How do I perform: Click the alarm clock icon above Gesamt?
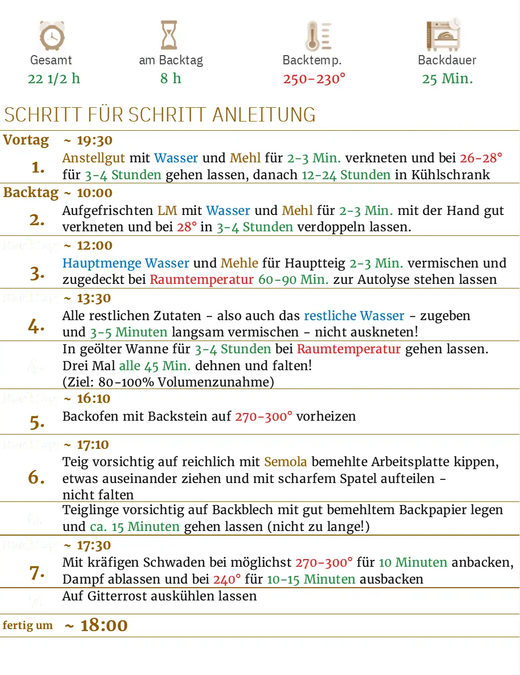[52, 36]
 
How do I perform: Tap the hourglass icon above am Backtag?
[169, 35]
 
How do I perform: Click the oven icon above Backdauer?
[443, 35]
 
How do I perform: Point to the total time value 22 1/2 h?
[54, 79]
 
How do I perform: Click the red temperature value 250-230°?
[314, 79]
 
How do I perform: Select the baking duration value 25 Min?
[447, 79]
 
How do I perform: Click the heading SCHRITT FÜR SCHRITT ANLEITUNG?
[160, 115]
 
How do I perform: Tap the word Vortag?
[26, 140]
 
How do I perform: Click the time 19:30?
[94, 140]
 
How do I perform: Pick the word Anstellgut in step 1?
[93, 158]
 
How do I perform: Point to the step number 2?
[37, 220]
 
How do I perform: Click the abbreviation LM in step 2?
[167, 210]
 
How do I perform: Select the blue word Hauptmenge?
[102, 263]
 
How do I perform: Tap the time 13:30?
[94, 298]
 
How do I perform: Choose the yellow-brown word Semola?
[286, 462]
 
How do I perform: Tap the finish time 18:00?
[104, 625]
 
